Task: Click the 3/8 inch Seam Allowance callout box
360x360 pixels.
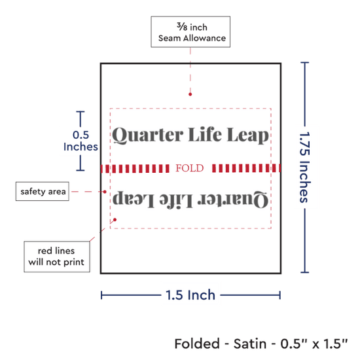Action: click(x=190, y=31)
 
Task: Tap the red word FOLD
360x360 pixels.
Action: click(x=190, y=168)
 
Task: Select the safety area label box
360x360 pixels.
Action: click(x=43, y=191)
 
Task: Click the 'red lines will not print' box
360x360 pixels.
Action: click(x=57, y=257)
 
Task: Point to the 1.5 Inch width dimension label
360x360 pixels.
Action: click(x=190, y=295)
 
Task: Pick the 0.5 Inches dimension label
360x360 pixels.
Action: click(x=81, y=141)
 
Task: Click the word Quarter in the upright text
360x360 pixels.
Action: click(x=148, y=135)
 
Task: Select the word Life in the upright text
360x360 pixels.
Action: click(x=205, y=134)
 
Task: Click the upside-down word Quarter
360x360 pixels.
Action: click(x=232, y=199)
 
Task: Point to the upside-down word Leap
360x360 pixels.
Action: click(x=133, y=199)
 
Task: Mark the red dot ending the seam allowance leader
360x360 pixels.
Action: click(x=190, y=94)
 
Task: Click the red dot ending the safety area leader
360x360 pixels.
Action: click(x=105, y=192)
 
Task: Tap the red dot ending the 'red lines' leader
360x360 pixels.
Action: click(x=115, y=220)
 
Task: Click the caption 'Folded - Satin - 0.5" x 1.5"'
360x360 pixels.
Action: click(x=261, y=344)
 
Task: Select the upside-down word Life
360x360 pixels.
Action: click(x=176, y=200)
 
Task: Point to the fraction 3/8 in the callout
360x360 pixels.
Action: click(x=182, y=27)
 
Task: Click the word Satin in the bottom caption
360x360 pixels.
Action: click(x=250, y=344)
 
